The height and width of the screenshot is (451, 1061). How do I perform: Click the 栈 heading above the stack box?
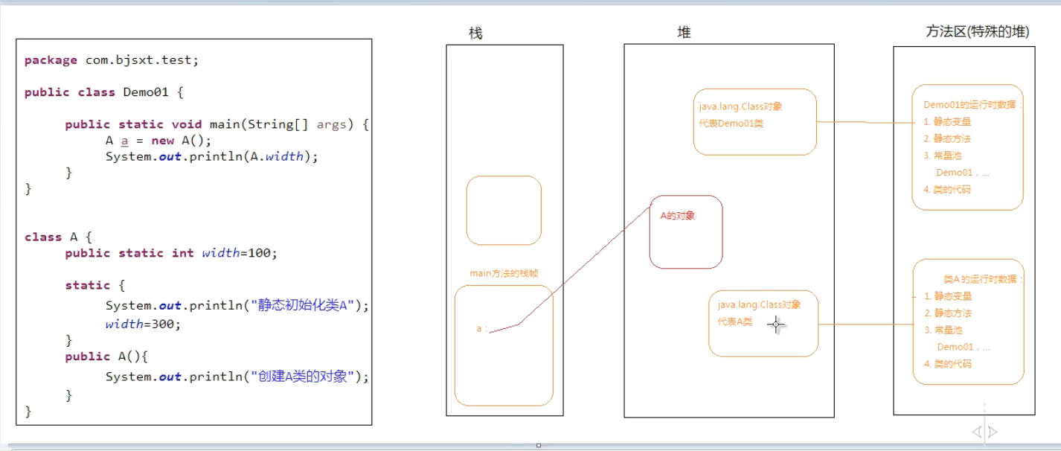475,33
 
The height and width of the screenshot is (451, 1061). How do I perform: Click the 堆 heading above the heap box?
684,33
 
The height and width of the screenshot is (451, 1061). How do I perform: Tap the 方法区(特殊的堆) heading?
977,31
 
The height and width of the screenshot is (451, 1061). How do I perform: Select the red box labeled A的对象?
685,231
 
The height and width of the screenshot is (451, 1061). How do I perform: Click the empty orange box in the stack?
504,210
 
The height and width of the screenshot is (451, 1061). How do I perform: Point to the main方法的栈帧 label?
504,273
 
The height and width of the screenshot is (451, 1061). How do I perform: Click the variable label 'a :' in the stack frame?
481,328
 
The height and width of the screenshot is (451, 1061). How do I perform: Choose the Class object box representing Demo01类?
754,122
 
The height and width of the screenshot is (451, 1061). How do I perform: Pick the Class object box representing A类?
763,323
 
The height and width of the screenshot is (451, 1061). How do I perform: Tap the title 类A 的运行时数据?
983,279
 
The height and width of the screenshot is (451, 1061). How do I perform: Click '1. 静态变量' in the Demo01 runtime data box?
947,122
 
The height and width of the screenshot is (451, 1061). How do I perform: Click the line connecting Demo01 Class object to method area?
864,121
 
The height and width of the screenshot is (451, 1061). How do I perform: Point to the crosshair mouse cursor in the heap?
776,324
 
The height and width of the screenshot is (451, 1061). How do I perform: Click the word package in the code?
51,60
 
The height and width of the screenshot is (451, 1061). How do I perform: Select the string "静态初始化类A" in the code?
307,305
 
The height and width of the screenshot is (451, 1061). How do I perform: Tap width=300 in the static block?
143,324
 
